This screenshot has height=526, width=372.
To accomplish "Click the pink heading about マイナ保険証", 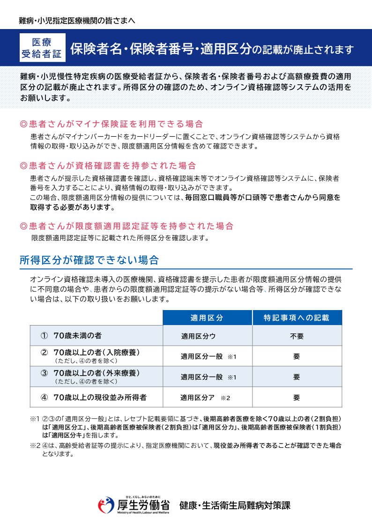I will pos(112,124).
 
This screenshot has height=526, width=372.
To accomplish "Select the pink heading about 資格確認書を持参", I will pos(108,166).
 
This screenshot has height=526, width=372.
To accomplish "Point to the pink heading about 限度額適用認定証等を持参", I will pos(126,226).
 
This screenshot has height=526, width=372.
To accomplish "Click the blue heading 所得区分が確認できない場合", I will pos(89,260).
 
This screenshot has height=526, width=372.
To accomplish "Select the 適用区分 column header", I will pos(207,318).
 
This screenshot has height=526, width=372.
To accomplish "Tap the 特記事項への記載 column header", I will pos(297,318).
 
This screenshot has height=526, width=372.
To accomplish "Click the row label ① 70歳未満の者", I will pos(71,336).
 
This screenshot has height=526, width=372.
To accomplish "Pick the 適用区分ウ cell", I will pos(199,336).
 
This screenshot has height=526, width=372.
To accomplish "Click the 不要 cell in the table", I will pos(297,336).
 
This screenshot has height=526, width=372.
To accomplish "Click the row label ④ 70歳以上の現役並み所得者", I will pos(94,398).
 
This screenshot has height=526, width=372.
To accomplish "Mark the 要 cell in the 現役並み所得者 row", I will pos(297,398).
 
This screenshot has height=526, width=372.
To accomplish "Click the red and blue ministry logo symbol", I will pos(106,505).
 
